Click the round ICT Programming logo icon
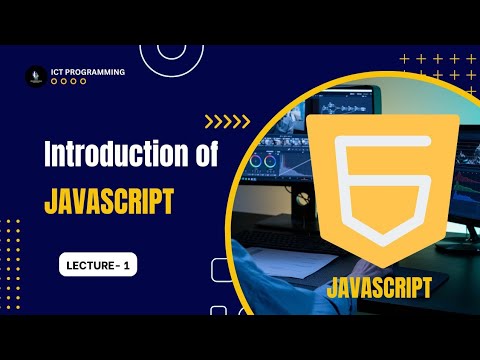[37, 77]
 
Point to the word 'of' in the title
[198, 156]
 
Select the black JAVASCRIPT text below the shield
[379, 288]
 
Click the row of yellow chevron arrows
[227, 123]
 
